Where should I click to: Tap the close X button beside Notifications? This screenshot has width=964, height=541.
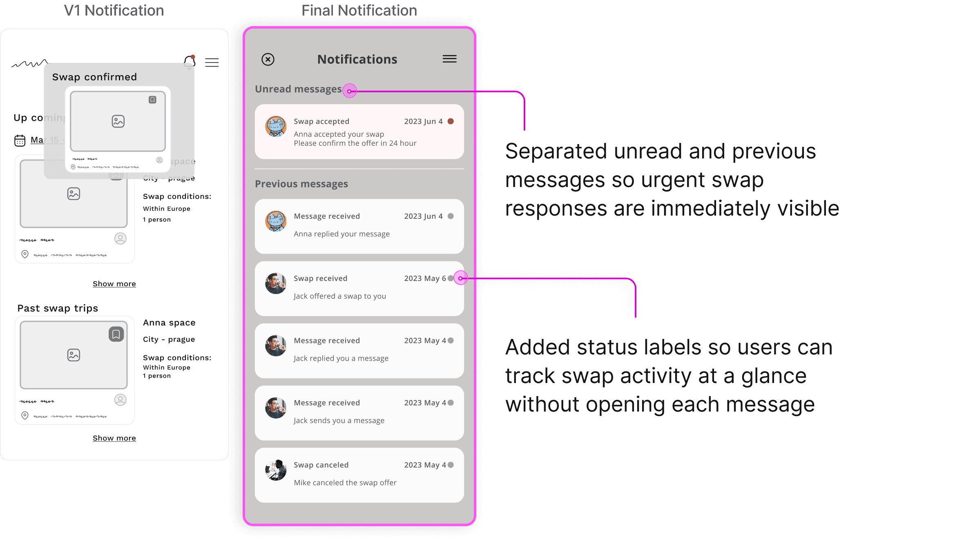[268, 60]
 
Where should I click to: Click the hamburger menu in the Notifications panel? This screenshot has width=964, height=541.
[449, 59]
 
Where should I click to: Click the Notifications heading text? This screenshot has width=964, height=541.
[357, 60]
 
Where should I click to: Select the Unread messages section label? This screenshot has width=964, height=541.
[298, 89]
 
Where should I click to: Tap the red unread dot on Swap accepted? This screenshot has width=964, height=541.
[451, 121]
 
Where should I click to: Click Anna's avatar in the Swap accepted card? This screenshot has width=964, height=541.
[276, 127]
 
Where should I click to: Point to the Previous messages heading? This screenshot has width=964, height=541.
[301, 184]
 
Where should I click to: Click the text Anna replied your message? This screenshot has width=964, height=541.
[341, 234]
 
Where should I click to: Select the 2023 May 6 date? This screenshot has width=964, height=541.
[425, 278]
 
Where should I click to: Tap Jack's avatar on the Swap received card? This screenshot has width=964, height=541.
[276, 283]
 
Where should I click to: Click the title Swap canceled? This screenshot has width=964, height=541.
[321, 465]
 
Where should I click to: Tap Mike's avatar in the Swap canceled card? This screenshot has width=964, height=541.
[276, 470]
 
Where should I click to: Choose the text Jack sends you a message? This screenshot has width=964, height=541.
[339, 421]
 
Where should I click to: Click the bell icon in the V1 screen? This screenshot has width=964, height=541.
[189, 62]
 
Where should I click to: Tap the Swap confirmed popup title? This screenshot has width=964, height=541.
[94, 77]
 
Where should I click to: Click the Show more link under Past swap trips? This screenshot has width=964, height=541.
[114, 438]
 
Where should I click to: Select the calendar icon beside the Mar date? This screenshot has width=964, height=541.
[20, 140]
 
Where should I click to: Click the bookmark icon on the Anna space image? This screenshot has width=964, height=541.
[116, 334]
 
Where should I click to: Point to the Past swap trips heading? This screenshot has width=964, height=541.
[58, 308]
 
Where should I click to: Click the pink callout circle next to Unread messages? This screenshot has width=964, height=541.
[350, 91]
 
